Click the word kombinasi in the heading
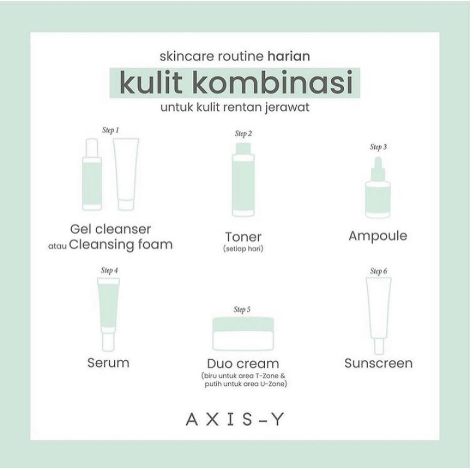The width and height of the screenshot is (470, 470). [273, 82]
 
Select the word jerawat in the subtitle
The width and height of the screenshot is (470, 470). [287, 108]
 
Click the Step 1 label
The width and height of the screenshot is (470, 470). [111, 130]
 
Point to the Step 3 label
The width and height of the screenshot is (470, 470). [378, 147]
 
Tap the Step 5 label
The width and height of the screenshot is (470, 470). [242, 309]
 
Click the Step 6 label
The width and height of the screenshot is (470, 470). [378, 271]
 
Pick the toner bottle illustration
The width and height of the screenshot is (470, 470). [243, 180]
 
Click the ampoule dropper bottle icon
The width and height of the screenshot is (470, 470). [378, 187]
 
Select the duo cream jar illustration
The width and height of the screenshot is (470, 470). [243, 334]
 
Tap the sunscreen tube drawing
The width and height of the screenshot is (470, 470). [379, 316]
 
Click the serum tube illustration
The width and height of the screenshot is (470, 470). [108, 314]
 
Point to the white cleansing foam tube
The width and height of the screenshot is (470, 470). [126, 174]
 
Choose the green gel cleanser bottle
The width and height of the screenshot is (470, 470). [92, 174]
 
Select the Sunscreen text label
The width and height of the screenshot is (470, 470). [379, 363]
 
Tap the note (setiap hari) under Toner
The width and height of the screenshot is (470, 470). [243, 249]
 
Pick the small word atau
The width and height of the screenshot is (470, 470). [57, 246]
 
